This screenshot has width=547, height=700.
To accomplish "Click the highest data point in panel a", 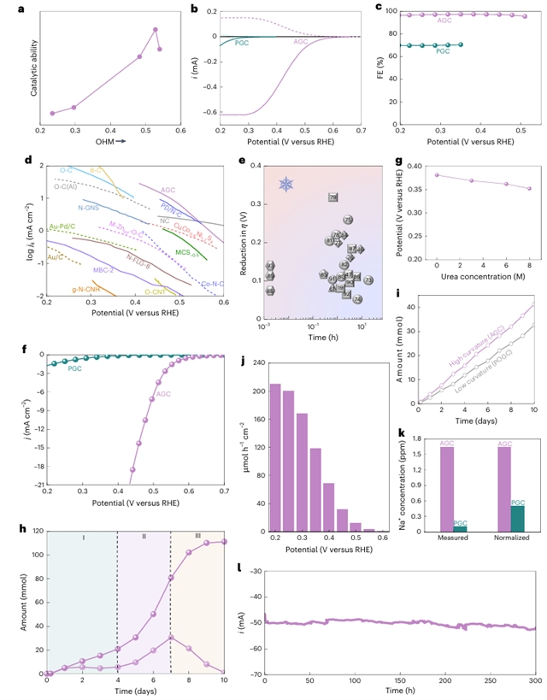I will [156, 29].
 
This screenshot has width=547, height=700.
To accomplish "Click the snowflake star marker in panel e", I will [285, 184].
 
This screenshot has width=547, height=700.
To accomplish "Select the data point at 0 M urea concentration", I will [437, 175].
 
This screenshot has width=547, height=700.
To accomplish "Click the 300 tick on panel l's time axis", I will [532, 689].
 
